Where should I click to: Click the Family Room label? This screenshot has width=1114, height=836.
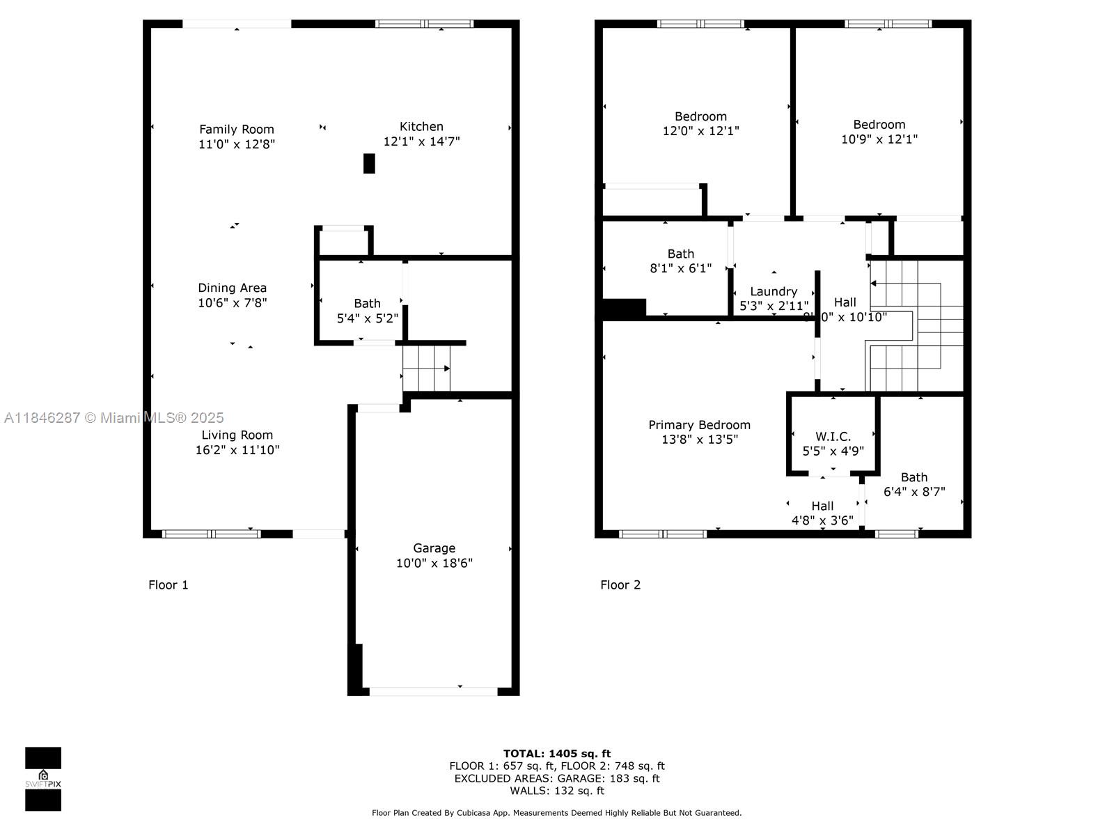(x=237, y=130)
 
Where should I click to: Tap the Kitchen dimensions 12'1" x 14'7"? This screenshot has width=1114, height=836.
(x=421, y=141)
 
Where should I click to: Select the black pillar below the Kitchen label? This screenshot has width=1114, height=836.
(x=369, y=163)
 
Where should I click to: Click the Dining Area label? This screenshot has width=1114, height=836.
(x=232, y=288)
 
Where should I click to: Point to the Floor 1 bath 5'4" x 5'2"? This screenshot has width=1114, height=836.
(x=367, y=311)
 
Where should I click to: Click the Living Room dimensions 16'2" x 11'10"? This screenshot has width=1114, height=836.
(x=237, y=450)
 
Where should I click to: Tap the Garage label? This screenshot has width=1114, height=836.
(x=434, y=548)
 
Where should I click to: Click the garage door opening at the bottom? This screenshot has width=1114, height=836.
(x=433, y=691)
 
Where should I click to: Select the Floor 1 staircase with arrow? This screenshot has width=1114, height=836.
(x=426, y=369)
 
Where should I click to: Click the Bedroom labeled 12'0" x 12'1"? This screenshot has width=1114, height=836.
(x=700, y=123)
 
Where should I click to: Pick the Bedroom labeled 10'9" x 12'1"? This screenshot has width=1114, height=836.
(x=879, y=132)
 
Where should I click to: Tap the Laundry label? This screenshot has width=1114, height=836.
(x=773, y=291)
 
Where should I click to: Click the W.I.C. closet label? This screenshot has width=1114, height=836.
(x=833, y=437)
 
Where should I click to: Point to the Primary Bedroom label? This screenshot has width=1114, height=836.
(x=699, y=425)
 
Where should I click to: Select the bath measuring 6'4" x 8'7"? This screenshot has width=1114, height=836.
(x=913, y=484)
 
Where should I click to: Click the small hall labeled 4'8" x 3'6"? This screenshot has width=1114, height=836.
(x=822, y=513)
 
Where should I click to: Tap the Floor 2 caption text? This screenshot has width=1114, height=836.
(x=620, y=585)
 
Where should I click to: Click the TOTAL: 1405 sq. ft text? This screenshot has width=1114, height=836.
(x=556, y=753)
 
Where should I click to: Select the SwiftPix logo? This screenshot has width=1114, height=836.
(x=43, y=778)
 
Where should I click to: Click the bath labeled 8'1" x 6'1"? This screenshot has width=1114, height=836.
(x=680, y=261)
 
